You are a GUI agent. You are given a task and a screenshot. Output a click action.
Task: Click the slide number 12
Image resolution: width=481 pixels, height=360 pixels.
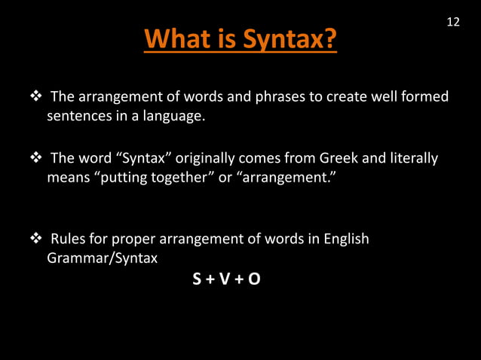click(453, 22)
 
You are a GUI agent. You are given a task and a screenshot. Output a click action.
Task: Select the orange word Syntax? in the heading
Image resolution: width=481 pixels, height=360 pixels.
click(287, 39)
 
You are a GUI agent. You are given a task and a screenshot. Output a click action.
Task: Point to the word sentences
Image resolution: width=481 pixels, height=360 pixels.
click(79, 117)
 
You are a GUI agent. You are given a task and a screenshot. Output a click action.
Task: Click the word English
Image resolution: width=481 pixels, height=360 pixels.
click(345, 239)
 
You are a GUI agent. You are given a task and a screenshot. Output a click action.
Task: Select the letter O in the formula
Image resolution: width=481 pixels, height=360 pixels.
click(256, 279)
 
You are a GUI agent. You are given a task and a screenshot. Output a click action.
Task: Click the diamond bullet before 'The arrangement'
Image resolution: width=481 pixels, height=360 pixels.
click(34, 97)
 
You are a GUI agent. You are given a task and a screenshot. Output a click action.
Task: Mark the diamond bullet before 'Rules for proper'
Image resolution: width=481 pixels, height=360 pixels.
click(34, 239)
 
